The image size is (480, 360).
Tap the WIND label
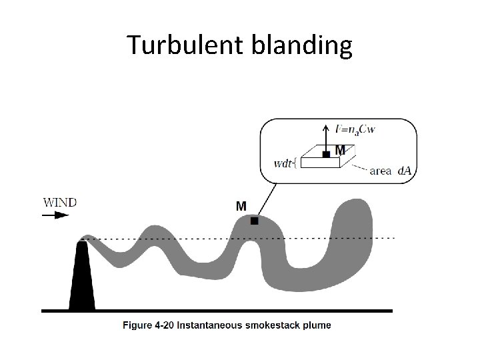click(60, 202)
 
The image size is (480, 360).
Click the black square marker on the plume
click(254, 221)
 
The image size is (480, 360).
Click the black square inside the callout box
click(326, 154)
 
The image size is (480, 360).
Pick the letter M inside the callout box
click(339, 149)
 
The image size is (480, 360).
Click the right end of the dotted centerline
click(393, 237)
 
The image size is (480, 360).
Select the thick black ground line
click(217, 310)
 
